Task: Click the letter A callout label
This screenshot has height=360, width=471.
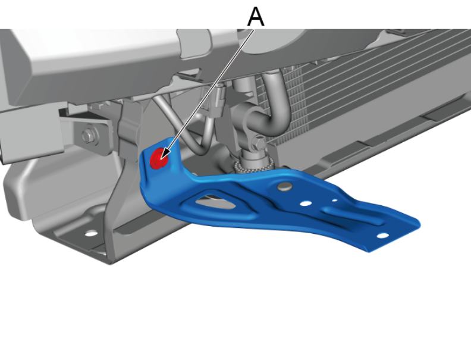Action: pos(256,17)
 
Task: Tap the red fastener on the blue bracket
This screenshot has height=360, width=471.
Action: pos(159,158)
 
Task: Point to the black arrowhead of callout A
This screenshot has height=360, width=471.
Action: pos(165,154)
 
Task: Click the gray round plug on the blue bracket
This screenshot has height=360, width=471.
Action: pos(285,187)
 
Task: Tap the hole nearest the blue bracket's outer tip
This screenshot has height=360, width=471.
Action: pos(382,236)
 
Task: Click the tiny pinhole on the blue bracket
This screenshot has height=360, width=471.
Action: pos(334,200)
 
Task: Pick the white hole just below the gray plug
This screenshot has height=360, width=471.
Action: pos(306,204)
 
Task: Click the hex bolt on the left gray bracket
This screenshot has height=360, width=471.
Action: pos(87,136)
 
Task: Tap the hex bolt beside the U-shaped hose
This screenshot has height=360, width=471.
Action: pos(258,142)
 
